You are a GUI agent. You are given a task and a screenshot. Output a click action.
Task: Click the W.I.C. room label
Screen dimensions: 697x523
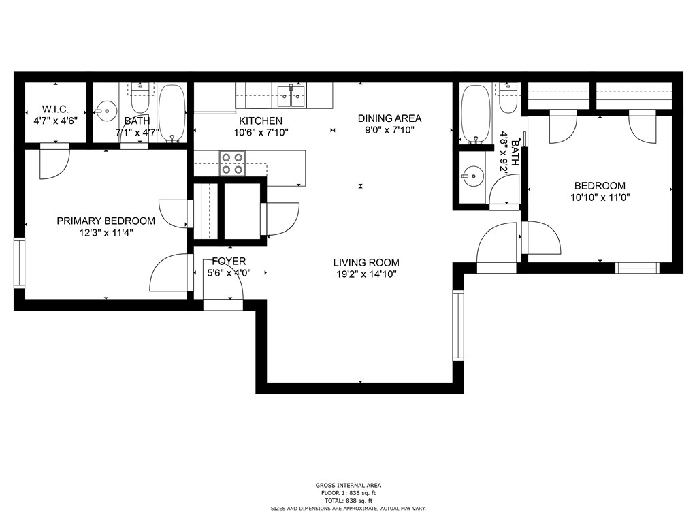pyautogui.click(x=56, y=109)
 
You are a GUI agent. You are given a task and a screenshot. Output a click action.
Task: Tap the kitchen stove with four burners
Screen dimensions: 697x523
pyautogui.click(x=233, y=163)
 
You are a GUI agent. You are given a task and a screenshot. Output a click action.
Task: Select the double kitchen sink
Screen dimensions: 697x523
pyautogui.click(x=291, y=97)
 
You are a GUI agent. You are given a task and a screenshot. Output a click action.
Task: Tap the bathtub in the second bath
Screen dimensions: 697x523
pyautogui.click(x=476, y=114)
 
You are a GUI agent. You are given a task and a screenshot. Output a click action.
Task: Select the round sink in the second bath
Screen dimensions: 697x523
pyautogui.click(x=472, y=176)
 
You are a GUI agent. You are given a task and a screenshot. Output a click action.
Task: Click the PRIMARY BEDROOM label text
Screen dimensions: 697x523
pyautogui.click(x=106, y=221)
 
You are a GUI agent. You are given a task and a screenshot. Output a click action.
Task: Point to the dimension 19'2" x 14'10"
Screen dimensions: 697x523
pyautogui.click(x=366, y=274)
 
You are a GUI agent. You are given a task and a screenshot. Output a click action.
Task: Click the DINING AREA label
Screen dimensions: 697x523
pyautogui.click(x=389, y=118)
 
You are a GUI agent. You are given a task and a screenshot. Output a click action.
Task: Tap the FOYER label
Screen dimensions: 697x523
pyautogui.click(x=229, y=261)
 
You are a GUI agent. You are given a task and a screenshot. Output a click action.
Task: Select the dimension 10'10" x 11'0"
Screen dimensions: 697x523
pyautogui.click(x=600, y=197)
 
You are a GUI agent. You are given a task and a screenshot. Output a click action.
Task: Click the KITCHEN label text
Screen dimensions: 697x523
pyautogui.click(x=261, y=121)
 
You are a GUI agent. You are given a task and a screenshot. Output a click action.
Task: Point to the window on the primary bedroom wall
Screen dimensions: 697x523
pyautogui.click(x=20, y=264)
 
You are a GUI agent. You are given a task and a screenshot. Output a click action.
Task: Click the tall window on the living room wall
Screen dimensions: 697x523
pyautogui.click(x=458, y=325)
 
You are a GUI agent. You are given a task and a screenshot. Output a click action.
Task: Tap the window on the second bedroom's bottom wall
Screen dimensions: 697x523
pyautogui.click(x=637, y=268)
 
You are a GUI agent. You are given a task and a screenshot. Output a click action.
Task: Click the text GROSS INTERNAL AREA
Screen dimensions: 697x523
pyautogui.click(x=348, y=485)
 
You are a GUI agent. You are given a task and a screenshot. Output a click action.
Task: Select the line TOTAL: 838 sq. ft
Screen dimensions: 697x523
pyautogui.click(x=348, y=501)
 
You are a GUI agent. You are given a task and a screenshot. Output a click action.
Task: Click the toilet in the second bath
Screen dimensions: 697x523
pyautogui.click(x=508, y=98)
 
